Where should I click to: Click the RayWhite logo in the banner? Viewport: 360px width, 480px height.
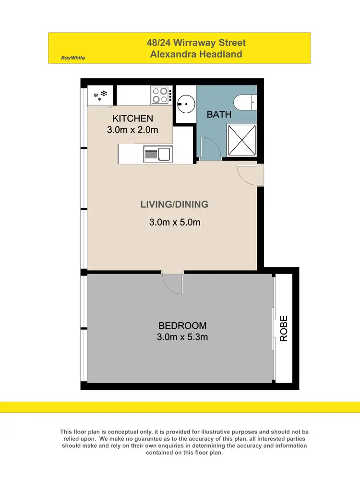73,58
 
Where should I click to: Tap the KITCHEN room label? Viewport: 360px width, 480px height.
132,119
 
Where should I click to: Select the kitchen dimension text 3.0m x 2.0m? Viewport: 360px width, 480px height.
132,130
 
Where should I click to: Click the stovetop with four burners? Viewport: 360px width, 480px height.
162,95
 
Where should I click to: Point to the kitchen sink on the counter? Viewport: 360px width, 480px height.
158,155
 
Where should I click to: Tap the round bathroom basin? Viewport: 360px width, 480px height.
184,101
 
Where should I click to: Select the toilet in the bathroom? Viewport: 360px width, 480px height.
245,102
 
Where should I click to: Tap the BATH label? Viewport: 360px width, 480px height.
219,115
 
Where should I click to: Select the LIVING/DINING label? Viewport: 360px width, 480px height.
174,204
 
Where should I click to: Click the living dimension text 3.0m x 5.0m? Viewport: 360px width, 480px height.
174,222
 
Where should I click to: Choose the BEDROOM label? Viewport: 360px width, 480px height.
182,326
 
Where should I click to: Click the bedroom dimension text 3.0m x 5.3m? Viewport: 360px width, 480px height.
182,337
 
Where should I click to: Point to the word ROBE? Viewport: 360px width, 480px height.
284,328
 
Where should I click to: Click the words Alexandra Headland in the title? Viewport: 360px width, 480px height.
196,54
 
